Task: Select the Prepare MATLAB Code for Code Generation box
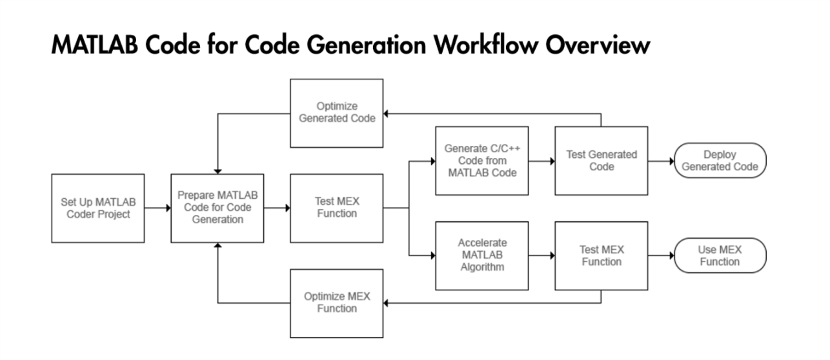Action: (217, 208)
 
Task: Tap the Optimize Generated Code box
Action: (336, 112)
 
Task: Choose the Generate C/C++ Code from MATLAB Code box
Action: (481, 161)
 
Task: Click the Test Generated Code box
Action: (602, 161)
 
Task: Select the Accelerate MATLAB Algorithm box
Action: (481, 256)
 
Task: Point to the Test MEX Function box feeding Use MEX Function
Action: (602, 256)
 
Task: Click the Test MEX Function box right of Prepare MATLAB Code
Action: (336, 208)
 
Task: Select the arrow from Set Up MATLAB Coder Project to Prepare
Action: (156, 208)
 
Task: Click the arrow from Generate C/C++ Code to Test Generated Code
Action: (542, 161)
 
